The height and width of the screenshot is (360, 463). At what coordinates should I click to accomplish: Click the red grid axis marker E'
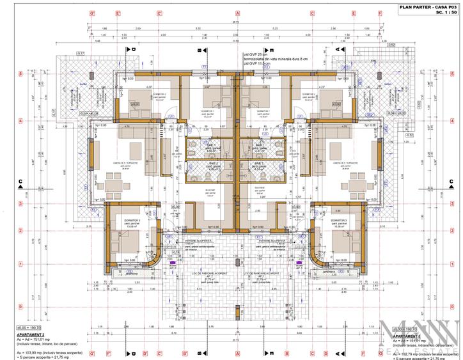pos(354,13)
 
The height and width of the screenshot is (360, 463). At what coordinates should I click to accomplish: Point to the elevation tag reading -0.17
pos(81,52)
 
